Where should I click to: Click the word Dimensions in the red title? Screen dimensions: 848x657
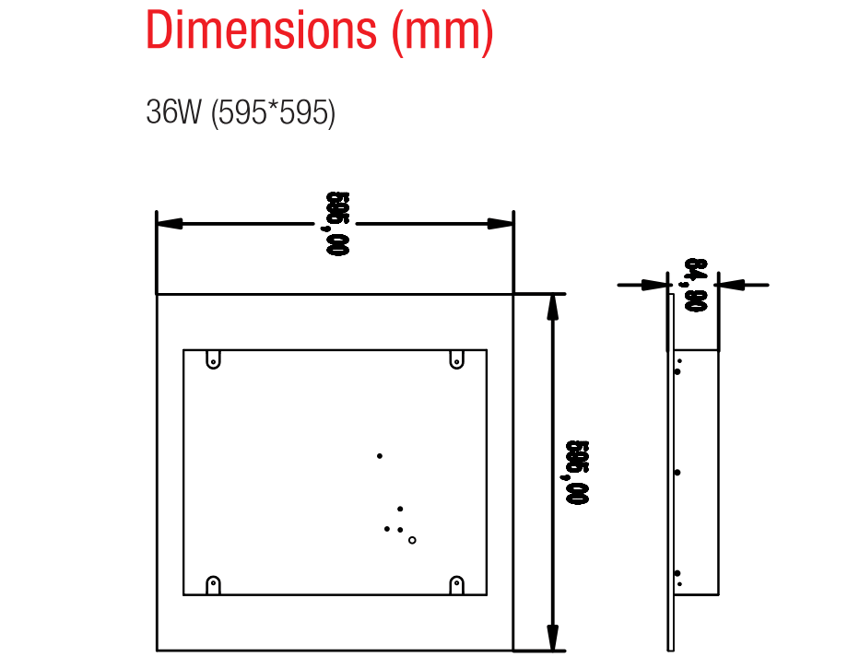[x=261, y=29]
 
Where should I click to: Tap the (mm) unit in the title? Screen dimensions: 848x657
[x=442, y=32]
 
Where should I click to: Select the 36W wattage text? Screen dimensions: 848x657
[x=173, y=111]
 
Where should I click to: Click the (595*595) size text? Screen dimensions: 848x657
[x=273, y=113]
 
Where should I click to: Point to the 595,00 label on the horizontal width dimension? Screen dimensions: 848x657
[x=336, y=223]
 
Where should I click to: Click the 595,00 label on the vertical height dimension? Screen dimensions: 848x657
[x=575, y=472]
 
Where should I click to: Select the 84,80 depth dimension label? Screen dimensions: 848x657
[x=694, y=285]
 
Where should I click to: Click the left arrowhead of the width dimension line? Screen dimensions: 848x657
[x=170, y=223]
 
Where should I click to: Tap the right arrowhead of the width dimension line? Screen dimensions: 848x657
[x=501, y=223]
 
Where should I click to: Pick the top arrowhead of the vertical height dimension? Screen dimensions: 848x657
[x=552, y=307]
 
